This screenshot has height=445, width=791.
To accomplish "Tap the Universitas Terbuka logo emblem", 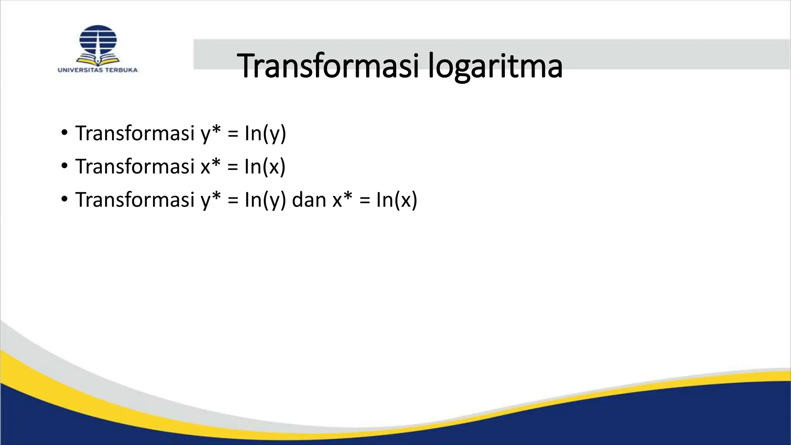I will [x=98, y=42].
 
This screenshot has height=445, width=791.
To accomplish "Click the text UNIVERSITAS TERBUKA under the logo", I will [x=98, y=70].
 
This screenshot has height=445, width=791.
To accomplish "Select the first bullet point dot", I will [x=65, y=133].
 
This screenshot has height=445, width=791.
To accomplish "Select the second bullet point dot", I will [x=65, y=166].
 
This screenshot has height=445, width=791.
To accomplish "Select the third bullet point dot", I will [x=65, y=200].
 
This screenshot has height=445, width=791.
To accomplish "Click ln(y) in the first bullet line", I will [x=265, y=133].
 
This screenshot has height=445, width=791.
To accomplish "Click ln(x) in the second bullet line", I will [x=265, y=166].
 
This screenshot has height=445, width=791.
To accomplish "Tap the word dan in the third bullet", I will [x=309, y=200].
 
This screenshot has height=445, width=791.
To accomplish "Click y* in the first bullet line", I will [x=210, y=133].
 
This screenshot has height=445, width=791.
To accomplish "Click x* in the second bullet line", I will [x=210, y=166].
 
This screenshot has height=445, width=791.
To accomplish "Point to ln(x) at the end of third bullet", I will [x=397, y=200].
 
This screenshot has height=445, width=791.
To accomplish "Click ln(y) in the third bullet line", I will [x=265, y=200].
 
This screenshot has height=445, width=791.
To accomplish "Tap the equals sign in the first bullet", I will [x=233, y=134].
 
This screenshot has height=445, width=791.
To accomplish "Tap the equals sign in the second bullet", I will [x=233, y=167].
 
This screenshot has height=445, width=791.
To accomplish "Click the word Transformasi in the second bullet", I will [x=135, y=166].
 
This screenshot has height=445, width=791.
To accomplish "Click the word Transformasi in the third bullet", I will [x=135, y=200].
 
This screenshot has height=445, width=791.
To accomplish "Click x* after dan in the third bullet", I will [x=343, y=200].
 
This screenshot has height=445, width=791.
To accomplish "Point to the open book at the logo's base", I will [x=98, y=60].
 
